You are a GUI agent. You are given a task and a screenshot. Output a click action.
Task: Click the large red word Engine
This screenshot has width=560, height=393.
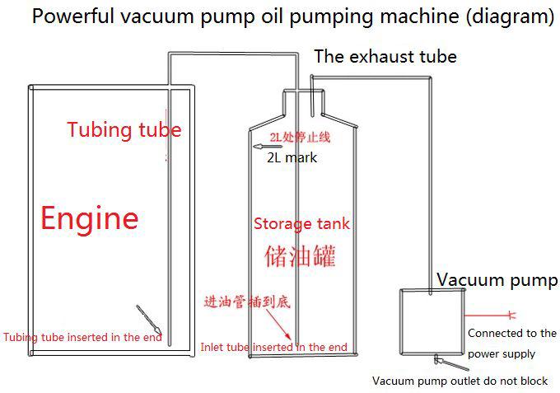(90, 218)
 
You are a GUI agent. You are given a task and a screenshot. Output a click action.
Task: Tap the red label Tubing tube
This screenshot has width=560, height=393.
(124, 129)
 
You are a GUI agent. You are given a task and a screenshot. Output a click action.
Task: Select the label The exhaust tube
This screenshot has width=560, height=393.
(385, 57)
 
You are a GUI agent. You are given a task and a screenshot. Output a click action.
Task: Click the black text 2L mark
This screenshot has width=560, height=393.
(292, 157)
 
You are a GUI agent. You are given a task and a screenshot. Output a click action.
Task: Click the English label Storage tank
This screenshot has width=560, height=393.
(301, 223)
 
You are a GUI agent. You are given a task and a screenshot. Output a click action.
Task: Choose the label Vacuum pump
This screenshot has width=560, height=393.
(496, 280)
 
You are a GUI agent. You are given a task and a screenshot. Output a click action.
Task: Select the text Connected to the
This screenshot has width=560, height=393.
(511, 334)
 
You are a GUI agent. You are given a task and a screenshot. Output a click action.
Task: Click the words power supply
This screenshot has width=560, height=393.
(502, 353)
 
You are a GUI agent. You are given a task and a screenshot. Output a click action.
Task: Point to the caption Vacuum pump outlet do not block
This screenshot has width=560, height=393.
(460, 381)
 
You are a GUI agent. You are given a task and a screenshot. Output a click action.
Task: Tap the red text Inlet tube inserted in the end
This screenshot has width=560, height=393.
(273, 347)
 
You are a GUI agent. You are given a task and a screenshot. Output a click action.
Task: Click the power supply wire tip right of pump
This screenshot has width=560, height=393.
(512, 314)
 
